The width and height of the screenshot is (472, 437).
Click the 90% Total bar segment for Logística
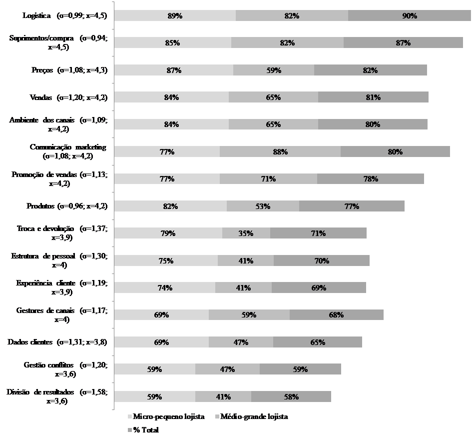click(x=409, y=16)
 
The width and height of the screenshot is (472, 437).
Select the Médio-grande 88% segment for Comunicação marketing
click(x=280, y=151)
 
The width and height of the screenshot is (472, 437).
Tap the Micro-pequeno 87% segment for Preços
click(x=173, y=70)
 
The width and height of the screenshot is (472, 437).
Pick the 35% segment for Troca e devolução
click(x=246, y=233)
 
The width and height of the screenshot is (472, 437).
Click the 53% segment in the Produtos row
click(x=263, y=206)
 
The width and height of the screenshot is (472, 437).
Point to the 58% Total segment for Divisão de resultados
click(x=291, y=396)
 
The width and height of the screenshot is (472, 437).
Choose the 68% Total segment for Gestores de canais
click(x=336, y=315)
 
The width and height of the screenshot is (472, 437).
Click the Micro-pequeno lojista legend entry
click(x=166, y=416)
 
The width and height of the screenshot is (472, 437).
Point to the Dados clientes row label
click(x=57, y=342)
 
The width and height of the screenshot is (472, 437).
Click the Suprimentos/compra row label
click(x=58, y=42)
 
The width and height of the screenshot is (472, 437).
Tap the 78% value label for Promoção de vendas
click(x=370, y=178)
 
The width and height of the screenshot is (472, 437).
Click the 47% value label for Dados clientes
click(x=241, y=342)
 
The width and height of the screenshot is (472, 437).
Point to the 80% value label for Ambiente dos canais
click(x=373, y=124)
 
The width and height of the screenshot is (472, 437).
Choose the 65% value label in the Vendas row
click(x=273, y=97)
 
